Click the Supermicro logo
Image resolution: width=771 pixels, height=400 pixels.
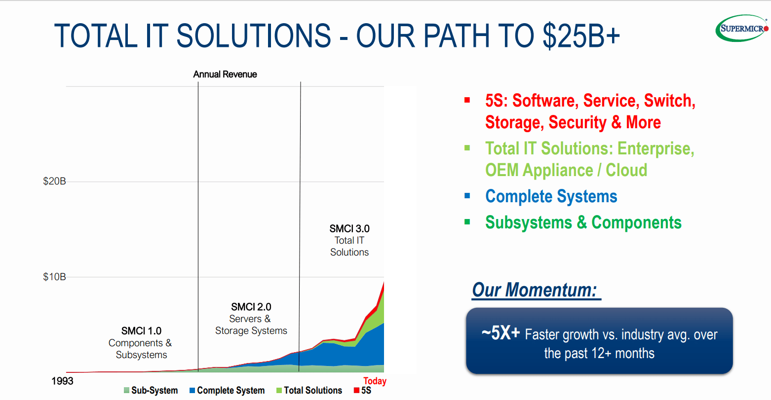click(742, 28)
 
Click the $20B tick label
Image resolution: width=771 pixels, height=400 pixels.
click(54, 182)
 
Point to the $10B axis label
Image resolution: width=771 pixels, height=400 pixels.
click(54, 277)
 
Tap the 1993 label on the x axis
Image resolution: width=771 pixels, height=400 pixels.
click(62, 381)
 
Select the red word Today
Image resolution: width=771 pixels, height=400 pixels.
click(375, 381)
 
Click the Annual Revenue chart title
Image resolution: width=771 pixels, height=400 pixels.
click(225, 74)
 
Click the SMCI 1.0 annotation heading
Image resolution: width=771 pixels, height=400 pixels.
click(141, 331)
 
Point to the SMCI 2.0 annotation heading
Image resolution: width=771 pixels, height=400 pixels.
click(251, 307)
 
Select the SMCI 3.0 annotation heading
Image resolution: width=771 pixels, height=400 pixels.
click(349, 229)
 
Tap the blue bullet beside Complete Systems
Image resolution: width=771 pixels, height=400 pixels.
click(467, 196)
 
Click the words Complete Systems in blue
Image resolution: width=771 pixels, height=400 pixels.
click(551, 196)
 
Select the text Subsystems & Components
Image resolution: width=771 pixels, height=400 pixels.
click(583, 222)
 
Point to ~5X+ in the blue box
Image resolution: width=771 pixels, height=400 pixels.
click(501, 333)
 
